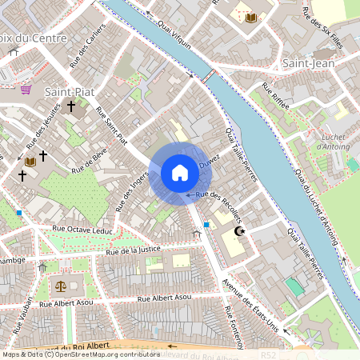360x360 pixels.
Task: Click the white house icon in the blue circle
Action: [180, 173]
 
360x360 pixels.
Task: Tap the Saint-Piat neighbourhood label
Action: [69, 92]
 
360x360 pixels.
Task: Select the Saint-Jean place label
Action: [307, 62]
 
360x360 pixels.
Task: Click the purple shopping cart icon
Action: [26, 90]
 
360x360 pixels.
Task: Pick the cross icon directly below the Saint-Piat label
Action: [70, 106]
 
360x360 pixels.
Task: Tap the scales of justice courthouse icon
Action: [59, 286]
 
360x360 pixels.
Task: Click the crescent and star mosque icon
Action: [238, 231]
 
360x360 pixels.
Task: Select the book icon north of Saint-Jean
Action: [250, 17]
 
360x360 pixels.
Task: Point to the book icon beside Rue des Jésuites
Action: [30, 161]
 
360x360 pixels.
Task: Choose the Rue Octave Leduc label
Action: [82, 229]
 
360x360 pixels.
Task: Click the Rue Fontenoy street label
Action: [234, 327]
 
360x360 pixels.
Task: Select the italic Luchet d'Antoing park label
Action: [333, 141]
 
